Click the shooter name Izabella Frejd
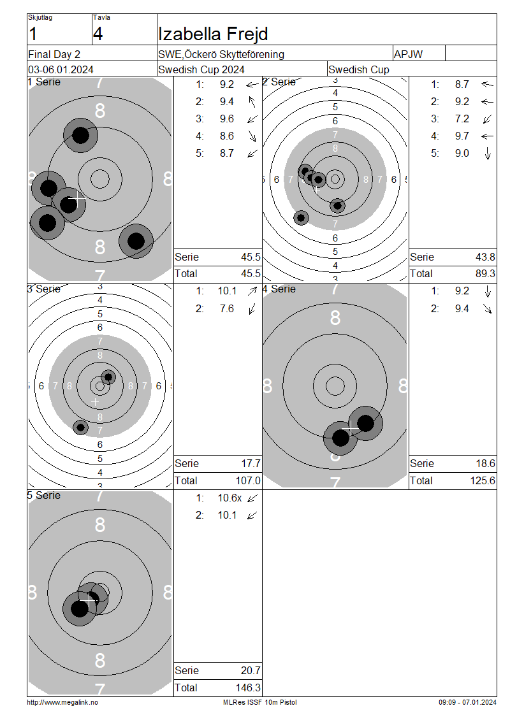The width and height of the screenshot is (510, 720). pos(213,34)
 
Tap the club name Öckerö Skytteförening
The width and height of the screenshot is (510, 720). pos(235,54)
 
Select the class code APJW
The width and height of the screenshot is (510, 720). pos(408,54)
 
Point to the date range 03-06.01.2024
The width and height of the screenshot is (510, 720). pos(61,70)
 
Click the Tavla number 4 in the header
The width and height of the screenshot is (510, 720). pos(98,34)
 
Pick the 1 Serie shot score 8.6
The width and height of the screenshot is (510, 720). pos(227,136)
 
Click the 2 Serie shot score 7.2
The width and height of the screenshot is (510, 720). pos(462,119)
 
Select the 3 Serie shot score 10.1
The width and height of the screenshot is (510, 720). pos(227,291)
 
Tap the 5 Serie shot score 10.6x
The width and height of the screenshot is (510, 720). pos(229,498)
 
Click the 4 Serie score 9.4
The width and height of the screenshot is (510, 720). pos(462,308)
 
